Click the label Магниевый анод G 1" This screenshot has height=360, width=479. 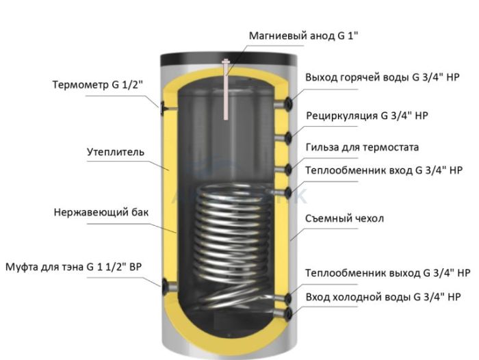[303, 36]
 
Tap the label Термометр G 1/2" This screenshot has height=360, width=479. [97, 84]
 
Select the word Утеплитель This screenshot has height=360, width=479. [116, 152]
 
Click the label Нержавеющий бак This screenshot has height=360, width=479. [101, 212]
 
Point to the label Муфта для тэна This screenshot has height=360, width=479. [45, 267]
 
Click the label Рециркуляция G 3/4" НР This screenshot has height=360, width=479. [367, 116]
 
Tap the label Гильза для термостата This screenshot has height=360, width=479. [362, 147]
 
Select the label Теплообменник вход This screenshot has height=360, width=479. [359, 170]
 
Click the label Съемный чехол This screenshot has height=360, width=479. [345, 218]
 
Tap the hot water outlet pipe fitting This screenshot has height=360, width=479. [284, 104]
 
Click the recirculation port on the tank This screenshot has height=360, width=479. [284, 138]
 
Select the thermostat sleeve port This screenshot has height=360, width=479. [284, 169]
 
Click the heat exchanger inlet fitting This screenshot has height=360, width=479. [284, 192]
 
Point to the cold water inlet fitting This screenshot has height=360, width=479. [284, 313]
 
